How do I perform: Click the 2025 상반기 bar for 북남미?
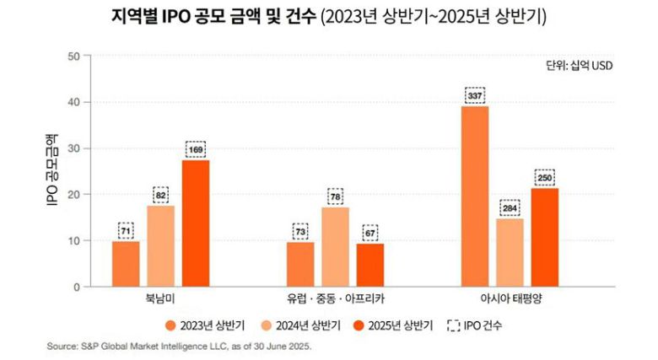pos(196,223)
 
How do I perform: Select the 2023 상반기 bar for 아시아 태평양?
pos(475,196)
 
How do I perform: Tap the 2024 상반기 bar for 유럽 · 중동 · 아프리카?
pos(335,247)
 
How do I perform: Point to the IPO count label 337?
pos(475,95)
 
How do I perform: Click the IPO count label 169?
pos(196,150)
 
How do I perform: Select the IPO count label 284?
pos(510,207)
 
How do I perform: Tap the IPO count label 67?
pos(369,232)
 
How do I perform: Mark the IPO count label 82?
pos(161,195)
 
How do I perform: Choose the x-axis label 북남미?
pos(160,299)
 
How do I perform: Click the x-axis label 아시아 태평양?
pos(510,299)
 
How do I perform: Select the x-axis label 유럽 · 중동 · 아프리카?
pos(335,299)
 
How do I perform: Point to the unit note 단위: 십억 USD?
pos(581,65)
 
